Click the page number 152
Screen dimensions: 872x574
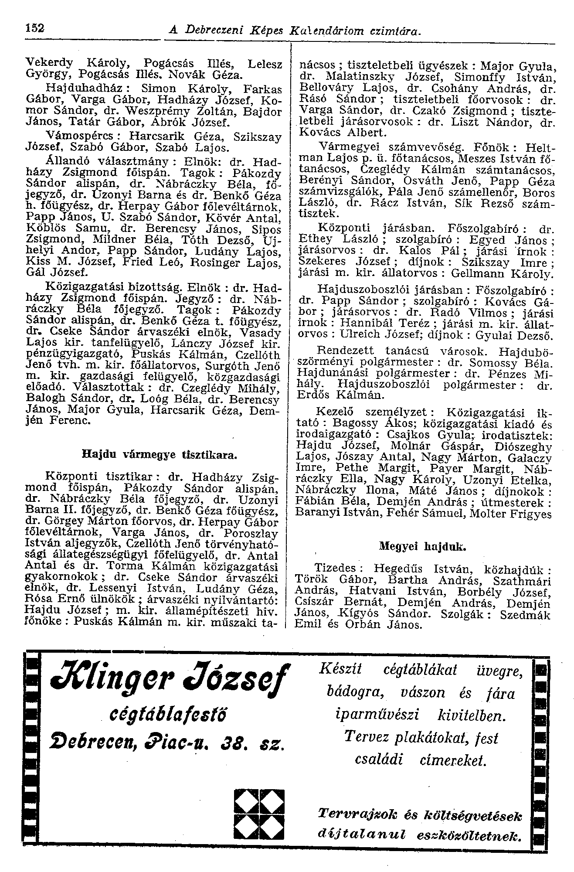click(x=34, y=28)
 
